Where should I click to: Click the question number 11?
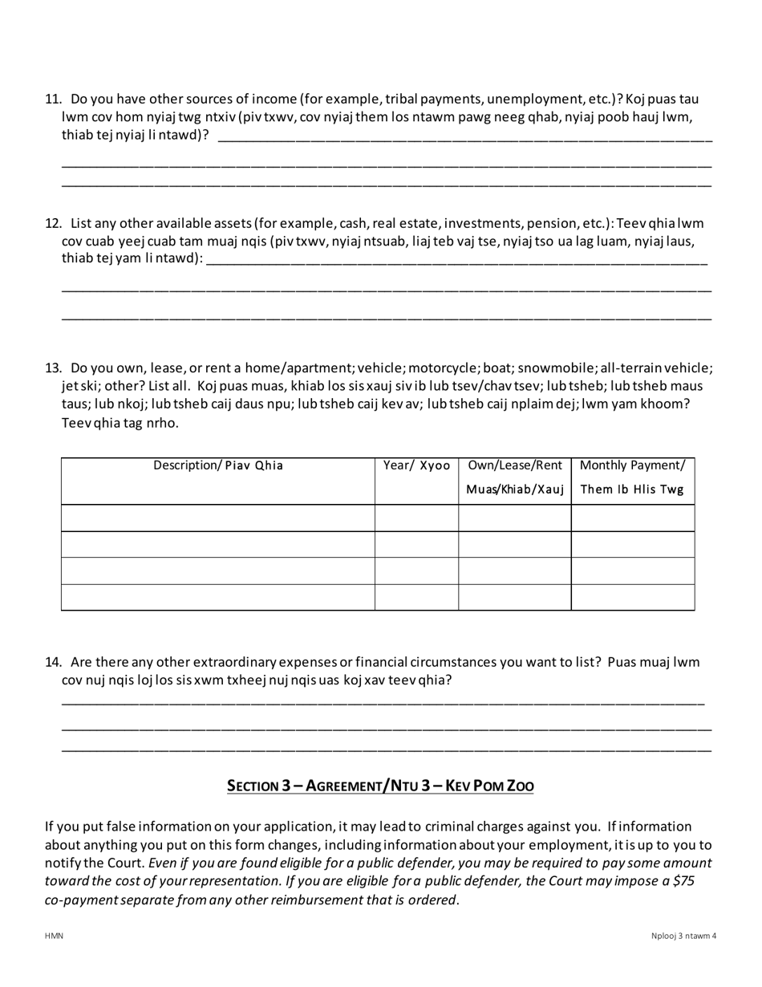[53, 100]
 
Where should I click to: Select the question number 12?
[53, 223]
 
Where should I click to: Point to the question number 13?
[53, 368]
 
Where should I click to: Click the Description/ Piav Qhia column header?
[218, 465]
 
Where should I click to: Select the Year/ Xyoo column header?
[416, 465]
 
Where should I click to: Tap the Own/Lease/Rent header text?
[515, 465]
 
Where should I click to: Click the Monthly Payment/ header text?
[632, 465]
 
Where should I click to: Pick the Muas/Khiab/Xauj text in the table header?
[515, 489]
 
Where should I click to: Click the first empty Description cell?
[218, 518]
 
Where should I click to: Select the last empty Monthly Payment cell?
[632, 597]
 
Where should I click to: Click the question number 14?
[53, 662]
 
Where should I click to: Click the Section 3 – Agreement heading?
[380, 786]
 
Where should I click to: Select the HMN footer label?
[54, 936]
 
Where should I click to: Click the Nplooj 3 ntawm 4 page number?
[683, 936]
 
